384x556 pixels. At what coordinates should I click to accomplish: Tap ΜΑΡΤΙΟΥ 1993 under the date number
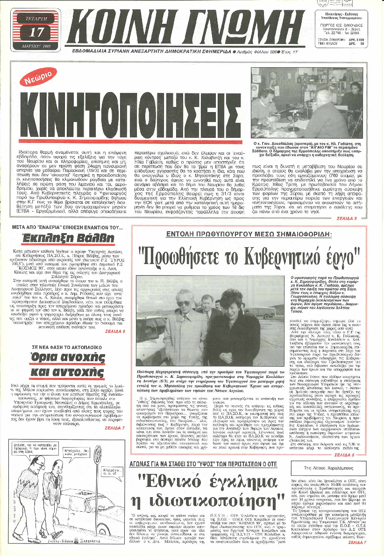[35, 46]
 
